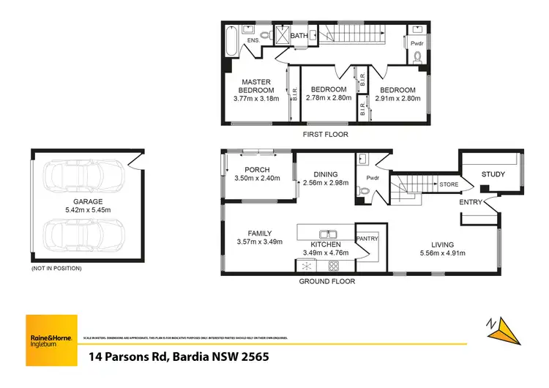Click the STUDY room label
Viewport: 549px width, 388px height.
pos(493,174)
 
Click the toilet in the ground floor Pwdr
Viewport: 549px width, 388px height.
pos(362,190)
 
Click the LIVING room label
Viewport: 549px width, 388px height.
pos(442,245)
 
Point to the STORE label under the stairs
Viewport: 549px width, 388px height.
pos(448,185)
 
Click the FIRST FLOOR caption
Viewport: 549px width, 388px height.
pos(326,135)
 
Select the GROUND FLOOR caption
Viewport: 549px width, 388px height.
pos(327,281)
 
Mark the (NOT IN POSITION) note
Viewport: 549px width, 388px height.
pos(56,269)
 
